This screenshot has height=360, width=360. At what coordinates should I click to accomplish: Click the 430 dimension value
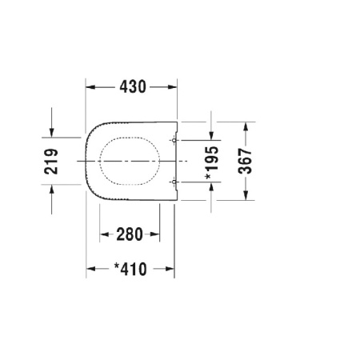(133, 86)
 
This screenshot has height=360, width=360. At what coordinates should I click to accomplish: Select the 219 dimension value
(51, 162)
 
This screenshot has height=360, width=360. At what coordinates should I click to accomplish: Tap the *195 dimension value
(212, 162)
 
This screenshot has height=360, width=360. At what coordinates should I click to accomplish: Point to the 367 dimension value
(245, 161)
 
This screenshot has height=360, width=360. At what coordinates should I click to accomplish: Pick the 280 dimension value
(130, 234)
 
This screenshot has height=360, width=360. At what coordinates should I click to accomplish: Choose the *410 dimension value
(130, 269)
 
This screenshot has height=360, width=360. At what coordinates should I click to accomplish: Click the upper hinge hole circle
(174, 140)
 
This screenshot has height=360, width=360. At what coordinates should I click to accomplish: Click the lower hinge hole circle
(174, 182)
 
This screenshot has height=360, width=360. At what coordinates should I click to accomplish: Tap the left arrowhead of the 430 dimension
(90, 87)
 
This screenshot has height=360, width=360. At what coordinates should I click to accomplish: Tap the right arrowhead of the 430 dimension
(172, 87)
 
